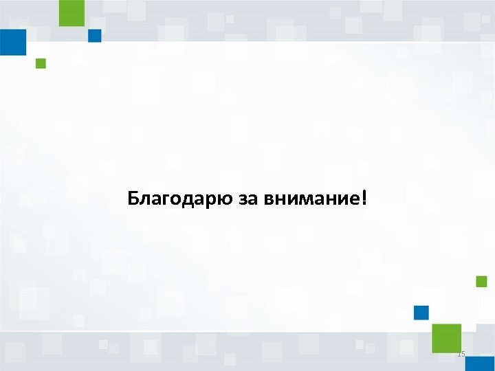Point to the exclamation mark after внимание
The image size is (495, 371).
point(364,199)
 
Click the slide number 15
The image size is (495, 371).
point(461,354)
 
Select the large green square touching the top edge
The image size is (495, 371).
point(71,12)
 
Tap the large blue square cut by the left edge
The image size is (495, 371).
point(12,42)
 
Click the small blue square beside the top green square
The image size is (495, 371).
point(95,36)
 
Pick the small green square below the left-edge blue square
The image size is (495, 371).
point(41,64)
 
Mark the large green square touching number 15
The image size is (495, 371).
point(446,337)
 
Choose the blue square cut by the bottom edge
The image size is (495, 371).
point(478,364)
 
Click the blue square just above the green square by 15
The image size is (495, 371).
point(421,313)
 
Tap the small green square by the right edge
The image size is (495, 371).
point(481,281)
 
